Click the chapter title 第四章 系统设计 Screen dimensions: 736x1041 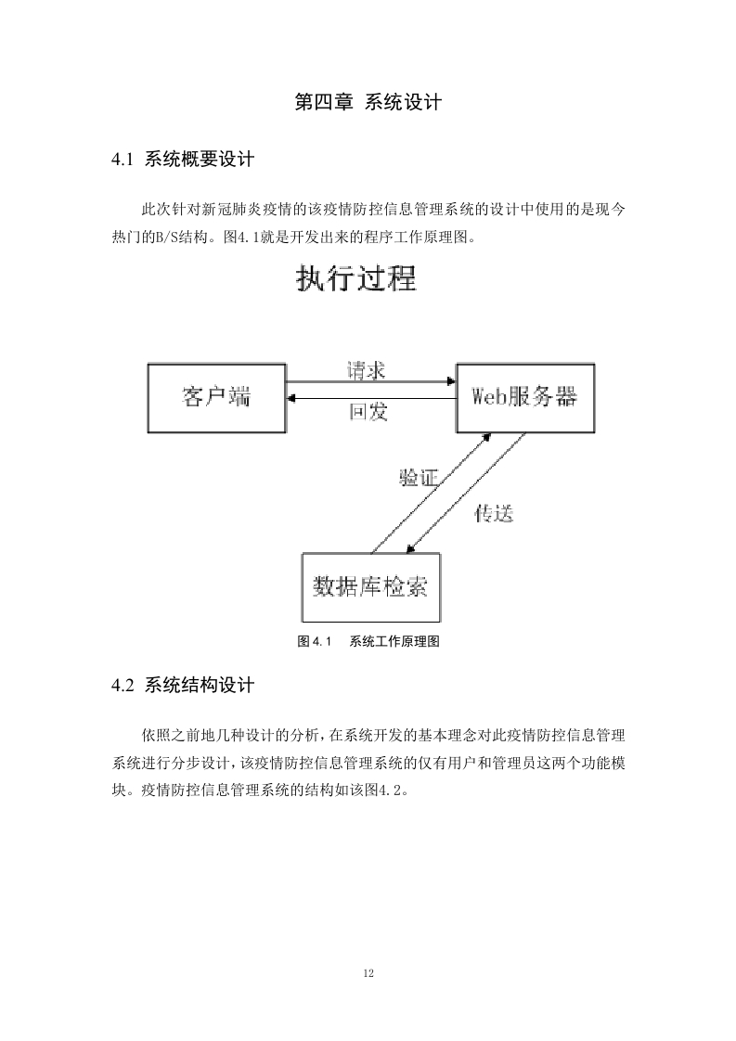click(x=368, y=102)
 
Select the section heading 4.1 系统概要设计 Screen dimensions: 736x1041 click(x=183, y=160)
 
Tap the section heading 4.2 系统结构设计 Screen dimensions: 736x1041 click(x=183, y=685)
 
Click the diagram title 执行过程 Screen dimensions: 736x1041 click(x=356, y=278)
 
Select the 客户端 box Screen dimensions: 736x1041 click(x=216, y=398)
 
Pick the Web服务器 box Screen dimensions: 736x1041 click(x=524, y=398)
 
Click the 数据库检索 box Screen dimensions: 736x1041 click(x=370, y=587)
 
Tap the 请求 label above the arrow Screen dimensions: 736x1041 click(x=366, y=370)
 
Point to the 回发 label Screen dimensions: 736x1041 click(x=368, y=412)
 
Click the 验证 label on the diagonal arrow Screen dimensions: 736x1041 click(x=420, y=477)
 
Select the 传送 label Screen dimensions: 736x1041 click(x=494, y=513)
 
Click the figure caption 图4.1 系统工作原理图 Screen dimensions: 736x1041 click(x=368, y=641)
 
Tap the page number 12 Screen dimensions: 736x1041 click(x=368, y=973)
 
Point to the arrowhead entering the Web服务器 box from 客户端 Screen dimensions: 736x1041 click(x=452, y=381)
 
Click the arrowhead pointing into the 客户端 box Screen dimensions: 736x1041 click(x=291, y=398)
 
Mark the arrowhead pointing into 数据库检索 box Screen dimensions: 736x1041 click(x=410, y=549)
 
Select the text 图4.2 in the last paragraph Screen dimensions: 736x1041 click(x=384, y=790)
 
